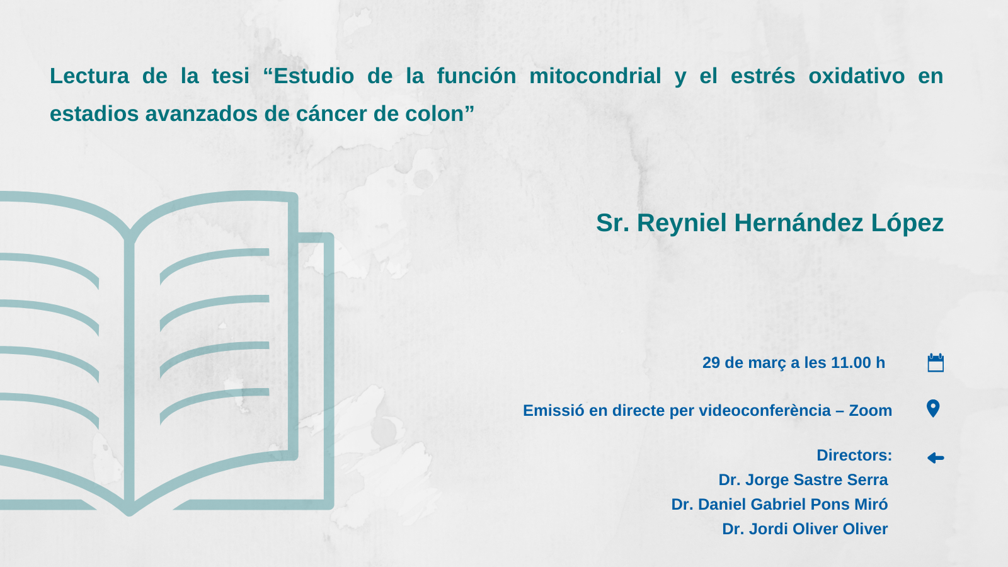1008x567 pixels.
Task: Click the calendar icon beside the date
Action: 936,363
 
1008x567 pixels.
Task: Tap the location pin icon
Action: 933,409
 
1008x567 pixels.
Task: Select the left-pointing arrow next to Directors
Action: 936,458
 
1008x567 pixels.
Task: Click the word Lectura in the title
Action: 89,76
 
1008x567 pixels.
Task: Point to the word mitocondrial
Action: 595,76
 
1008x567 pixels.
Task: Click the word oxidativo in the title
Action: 857,76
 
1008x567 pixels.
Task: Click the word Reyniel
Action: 682,224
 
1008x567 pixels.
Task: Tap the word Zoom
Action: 870,410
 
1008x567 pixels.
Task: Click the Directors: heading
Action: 854,455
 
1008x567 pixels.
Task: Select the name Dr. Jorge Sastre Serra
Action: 803,479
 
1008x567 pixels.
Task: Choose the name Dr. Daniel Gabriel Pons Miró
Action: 780,505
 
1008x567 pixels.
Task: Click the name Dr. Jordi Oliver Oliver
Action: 805,529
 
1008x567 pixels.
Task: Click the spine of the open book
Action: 129,374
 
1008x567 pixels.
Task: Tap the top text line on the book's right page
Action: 214,264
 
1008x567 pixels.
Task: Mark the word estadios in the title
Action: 94,113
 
